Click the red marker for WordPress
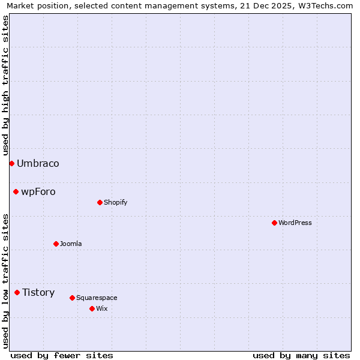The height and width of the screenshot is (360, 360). pyautogui.click(x=274, y=223)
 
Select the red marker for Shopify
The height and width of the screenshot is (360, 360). pyautogui.click(x=100, y=202)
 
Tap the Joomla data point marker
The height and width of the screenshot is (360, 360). pyautogui.click(x=56, y=244)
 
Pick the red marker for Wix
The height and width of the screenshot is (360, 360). pyautogui.click(x=92, y=308)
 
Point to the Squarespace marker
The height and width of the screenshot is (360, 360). pyautogui.click(x=72, y=298)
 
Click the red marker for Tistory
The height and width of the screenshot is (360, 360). pyautogui.click(x=17, y=292)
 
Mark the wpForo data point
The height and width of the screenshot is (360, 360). pyautogui.click(x=16, y=191)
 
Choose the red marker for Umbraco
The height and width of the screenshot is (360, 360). pyautogui.click(x=11, y=163)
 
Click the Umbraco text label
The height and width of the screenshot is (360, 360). pyautogui.click(x=38, y=163)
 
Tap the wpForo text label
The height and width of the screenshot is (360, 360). pyautogui.click(x=38, y=191)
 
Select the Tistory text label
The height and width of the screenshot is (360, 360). pyautogui.click(x=38, y=292)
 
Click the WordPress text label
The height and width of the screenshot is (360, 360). pyautogui.click(x=295, y=223)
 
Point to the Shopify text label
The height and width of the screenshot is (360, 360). pyautogui.click(x=116, y=202)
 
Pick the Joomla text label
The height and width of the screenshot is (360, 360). pyautogui.click(x=71, y=244)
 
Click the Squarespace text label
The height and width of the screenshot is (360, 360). pyautogui.click(x=97, y=298)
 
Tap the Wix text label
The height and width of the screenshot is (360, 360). pyautogui.click(x=102, y=308)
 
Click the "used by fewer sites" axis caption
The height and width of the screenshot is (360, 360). pyautogui.click(x=62, y=355)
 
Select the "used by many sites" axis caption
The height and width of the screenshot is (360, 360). pyautogui.click(x=301, y=355)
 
